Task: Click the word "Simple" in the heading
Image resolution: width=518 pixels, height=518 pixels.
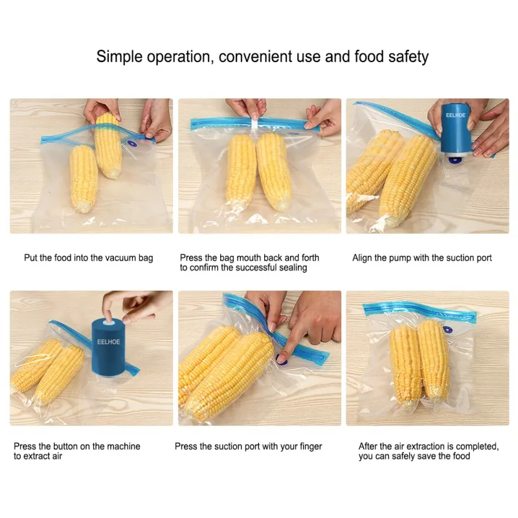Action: (x=120, y=57)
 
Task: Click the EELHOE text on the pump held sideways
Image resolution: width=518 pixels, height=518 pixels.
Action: (x=456, y=115)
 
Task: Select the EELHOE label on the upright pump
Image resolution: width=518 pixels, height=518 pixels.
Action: (x=108, y=342)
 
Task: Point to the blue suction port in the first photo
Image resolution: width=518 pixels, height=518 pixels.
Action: (x=132, y=144)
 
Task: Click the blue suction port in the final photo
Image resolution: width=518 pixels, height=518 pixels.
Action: (x=447, y=330)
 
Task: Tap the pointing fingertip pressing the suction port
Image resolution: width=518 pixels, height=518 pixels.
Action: (x=282, y=357)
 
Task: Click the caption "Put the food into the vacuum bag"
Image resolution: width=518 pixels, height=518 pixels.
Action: (x=89, y=258)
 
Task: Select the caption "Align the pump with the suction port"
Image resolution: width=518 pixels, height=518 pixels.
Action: (x=422, y=258)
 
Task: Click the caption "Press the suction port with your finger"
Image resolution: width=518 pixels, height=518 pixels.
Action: (x=248, y=447)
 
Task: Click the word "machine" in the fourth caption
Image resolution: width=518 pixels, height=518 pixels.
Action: (x=123, y=446)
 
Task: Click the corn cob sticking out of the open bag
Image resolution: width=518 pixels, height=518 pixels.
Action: (x=108, y=145)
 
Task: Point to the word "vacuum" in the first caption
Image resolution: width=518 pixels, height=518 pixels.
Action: (x=122, y=258)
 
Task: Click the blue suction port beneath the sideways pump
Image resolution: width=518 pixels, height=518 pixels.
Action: (x=456, y=160)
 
